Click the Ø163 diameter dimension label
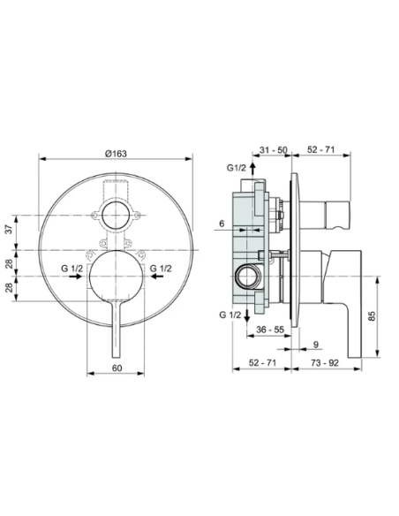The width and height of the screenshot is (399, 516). [x=117, y=153]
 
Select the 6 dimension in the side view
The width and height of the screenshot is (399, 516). [x=222, y=224]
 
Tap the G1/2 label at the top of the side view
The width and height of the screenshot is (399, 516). [x=236, y=167]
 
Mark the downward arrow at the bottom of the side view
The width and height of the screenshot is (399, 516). [x=252, y=314]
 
